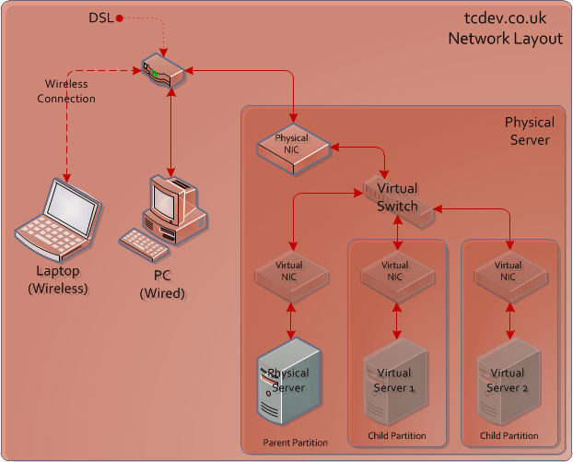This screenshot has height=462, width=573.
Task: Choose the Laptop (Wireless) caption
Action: pos(57,280)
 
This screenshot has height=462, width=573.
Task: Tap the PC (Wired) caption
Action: pos(162,285)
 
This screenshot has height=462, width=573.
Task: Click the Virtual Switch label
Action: pos(397,197)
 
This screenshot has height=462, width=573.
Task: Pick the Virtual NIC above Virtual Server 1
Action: pos(396,271)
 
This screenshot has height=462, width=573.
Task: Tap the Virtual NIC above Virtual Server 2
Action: pos(509,271)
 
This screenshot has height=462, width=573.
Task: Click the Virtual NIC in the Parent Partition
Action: pos(290,271)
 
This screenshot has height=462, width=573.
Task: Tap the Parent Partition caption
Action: pos(295,443)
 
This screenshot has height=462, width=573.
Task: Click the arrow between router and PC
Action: pos(170,128)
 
